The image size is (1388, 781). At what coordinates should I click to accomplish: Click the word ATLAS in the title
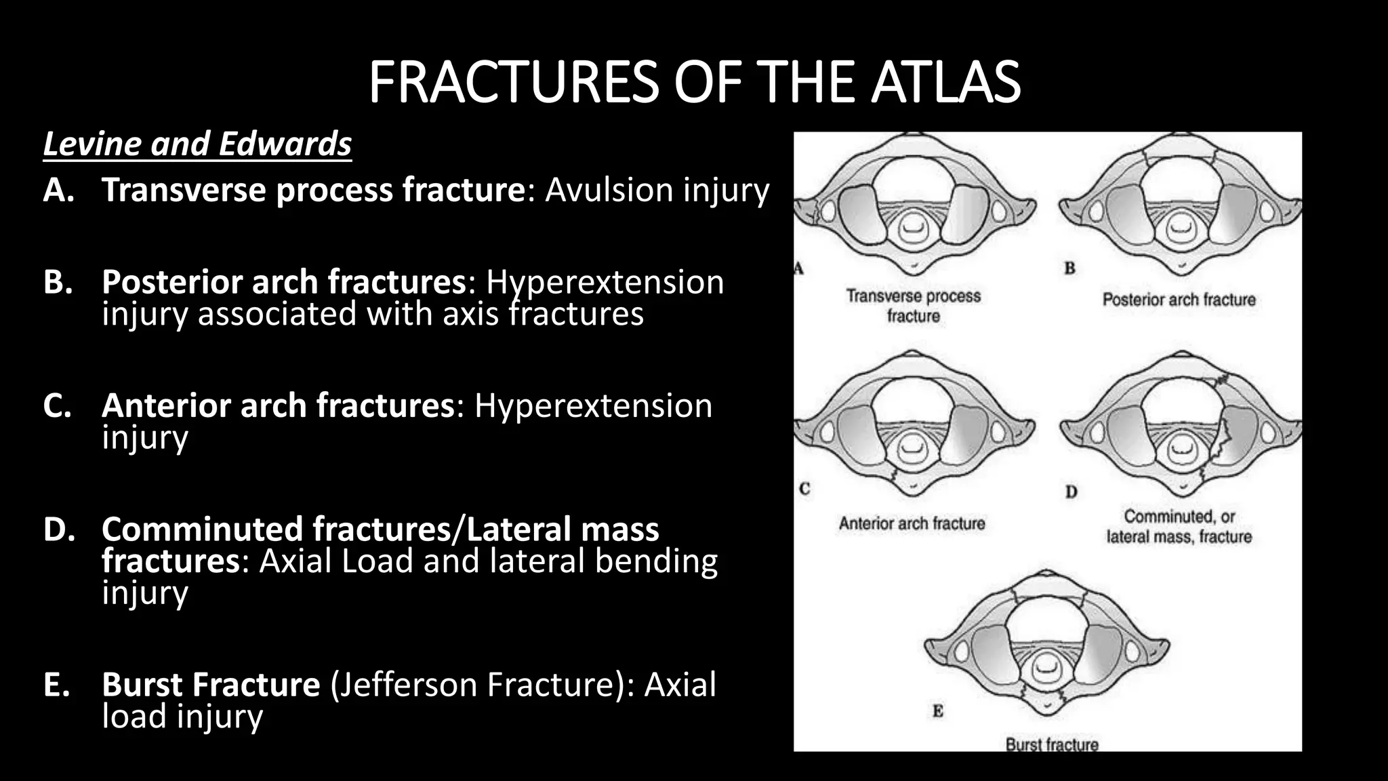[946, 82]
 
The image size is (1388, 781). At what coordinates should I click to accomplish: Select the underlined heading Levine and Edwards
[197, 144]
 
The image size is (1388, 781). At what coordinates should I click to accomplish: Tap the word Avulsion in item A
[599, 190]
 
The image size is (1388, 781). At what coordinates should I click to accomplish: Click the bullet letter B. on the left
[58, 282]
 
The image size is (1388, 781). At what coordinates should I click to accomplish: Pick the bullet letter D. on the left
[59, 529]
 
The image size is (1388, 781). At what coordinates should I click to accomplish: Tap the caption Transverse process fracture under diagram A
[913, 306]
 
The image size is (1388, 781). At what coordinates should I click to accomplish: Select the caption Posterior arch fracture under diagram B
[1179, 300]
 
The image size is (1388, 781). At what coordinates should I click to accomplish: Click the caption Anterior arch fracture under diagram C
[912, 523]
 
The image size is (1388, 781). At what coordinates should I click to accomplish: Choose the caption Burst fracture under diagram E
[1051, 744]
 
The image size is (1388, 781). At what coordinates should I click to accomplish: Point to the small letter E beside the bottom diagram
[938, 711]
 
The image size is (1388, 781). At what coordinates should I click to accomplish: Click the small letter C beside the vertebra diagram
[804, 488]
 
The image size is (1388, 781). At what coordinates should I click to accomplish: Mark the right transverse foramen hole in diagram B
[1267, 211]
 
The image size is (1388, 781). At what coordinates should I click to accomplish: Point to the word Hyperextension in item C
[593, 406]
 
